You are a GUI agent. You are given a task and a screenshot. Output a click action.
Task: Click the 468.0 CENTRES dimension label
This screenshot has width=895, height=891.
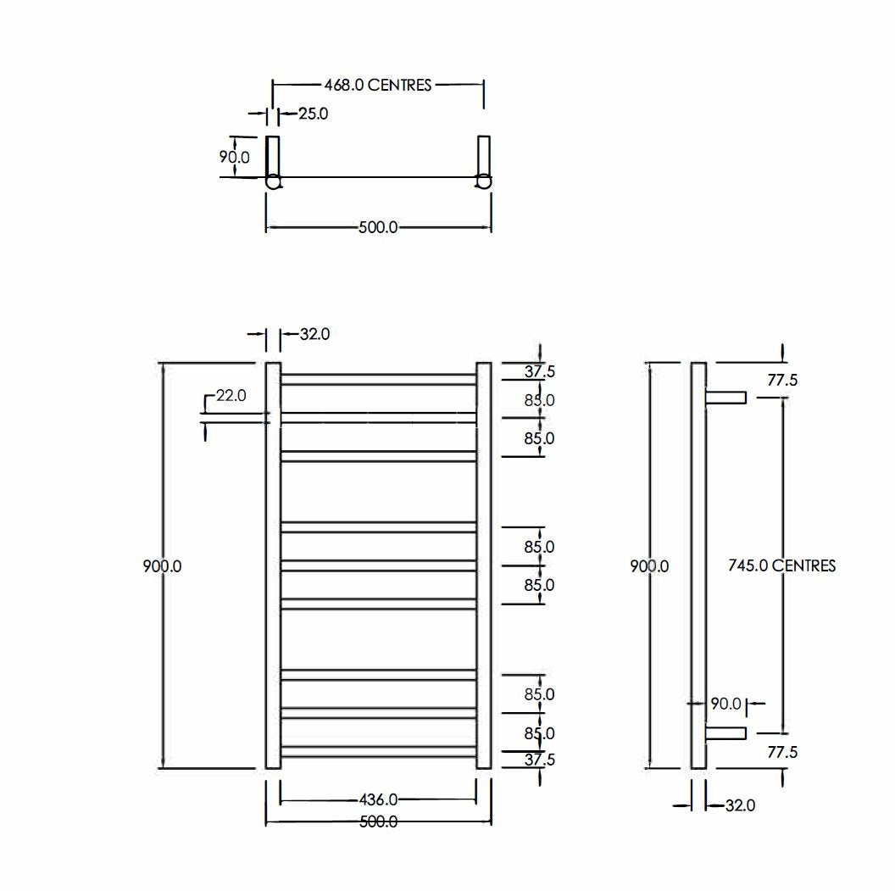click(x=377, y=85)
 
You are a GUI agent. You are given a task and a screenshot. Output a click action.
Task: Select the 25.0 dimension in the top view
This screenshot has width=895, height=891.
click(x=313, y=113)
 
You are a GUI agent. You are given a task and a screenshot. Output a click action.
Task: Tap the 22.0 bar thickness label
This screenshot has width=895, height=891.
click(x=230, y=395)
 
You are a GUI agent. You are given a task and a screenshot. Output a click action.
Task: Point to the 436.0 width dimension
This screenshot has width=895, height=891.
click(x=378, y=799)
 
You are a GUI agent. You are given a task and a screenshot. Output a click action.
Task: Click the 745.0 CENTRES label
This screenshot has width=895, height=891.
click(x=782, y=565)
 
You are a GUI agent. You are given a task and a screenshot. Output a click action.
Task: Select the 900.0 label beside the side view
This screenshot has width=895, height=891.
click(x=649, y=566)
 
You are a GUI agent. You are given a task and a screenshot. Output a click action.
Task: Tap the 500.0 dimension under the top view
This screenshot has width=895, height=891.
click(x=378, y=227)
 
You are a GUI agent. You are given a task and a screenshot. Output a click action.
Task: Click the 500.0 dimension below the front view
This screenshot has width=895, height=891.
click(x=378, y=821)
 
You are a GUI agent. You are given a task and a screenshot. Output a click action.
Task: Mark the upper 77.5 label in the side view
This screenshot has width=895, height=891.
click(x=782, y=381)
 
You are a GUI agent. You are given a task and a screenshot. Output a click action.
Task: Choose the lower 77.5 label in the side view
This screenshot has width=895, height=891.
click(x=782, y=752)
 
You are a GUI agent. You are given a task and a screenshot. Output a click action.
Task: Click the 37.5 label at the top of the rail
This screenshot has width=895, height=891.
click(x=539, y=371)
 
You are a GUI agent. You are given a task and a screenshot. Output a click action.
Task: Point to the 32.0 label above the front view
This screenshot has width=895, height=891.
click(x=314, y=335)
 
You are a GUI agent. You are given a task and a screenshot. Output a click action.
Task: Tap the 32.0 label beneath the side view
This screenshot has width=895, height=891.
click(x=739, y=805)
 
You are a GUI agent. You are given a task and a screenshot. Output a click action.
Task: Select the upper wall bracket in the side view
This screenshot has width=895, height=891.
click(x=726, y=398)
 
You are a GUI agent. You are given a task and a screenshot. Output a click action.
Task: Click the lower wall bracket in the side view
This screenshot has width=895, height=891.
click(x=726, y=732)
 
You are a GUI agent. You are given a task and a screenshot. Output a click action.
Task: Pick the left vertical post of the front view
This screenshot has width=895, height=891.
click(x=273, y=565)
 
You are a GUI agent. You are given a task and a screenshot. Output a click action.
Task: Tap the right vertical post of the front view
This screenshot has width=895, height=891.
click(x=484, y=565)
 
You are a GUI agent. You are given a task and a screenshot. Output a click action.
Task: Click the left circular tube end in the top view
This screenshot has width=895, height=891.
click(x=274, y=181)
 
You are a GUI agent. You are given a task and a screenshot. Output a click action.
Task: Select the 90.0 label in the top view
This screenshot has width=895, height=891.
click(x=235, y=157)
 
